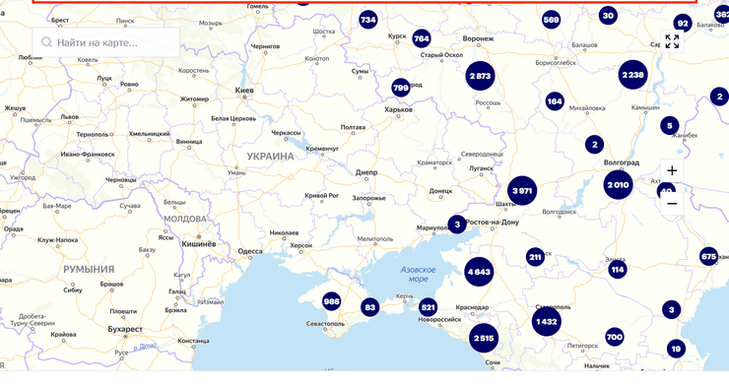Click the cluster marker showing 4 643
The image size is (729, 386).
pyautogui.click(x=479, y=271)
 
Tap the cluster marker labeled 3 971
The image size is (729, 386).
pyautogui.click(x=522, y=190)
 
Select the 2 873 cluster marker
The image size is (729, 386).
pyautogui.click(x=481, y=76)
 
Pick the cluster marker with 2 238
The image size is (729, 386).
pyautogui.click(x=632, y=75)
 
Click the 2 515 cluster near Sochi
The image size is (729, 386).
pyautogui.click(x=483, y=339)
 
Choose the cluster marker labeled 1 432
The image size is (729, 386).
pyautogui.click(x=547, y=321)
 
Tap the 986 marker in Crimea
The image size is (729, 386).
pyautogui.click(x=332, y=301)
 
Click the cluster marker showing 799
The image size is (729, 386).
pyautogui.click(x=400, y=87)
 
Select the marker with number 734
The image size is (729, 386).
pyautogui.click(x=368, y=20)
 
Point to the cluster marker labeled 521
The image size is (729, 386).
pyautogui.click(x=428, y=307)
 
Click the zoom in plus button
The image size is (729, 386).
pyautogui.click(x=672, y=170)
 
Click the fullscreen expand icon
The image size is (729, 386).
pyautogui.click(x=672, y=41)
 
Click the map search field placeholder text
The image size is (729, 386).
pyautogui.click(x=98, y=42)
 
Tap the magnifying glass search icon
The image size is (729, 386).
pyautogui.click(x=45, y=42)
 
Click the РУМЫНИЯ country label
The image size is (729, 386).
pyautogui.click(x=90, y=269)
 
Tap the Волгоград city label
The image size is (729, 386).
pyautogui.click(x=622, y=162)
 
